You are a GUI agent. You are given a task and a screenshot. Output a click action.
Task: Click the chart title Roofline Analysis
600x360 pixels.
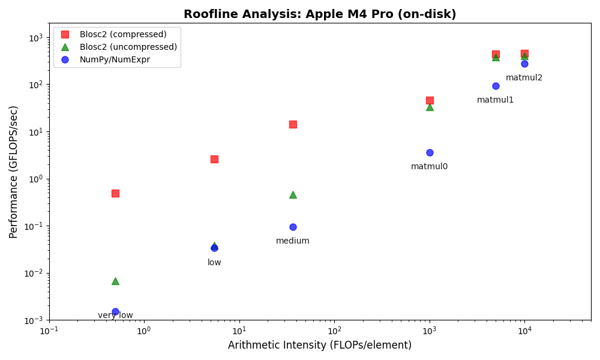[x=320, y=14]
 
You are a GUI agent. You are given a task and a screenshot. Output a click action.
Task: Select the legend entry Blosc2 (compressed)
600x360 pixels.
[x=123, y=34]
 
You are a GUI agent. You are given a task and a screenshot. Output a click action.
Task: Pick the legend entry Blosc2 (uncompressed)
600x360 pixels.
[x=128, y=47]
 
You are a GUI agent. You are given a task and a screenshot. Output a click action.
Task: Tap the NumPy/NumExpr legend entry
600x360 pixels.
[x=115, y=59]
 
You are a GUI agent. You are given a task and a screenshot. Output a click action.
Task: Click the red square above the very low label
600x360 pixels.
[x=115, y=193]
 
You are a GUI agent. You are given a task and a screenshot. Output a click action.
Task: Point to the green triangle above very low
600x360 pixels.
[x=115, y=281]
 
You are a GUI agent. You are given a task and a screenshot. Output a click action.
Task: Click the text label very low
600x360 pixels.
[x=115, y=316]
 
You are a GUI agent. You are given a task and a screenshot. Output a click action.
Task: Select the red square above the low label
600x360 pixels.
[x=214, y=159]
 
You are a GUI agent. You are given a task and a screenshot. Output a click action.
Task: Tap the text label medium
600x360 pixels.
[x=293, y=241]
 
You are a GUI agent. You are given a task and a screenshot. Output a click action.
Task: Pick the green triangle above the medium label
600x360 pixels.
[x=293, y=194]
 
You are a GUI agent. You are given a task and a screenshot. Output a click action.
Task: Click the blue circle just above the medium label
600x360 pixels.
[x=293, y=227]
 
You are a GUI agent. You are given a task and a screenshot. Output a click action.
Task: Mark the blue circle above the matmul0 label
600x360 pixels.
[x=430, y=152]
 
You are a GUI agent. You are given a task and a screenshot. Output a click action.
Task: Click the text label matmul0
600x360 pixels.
[x=430, y=167]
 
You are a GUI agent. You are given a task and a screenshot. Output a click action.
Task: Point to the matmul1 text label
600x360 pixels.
[x=496, y=100]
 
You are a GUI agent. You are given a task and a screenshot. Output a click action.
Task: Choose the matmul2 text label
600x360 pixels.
[x=524, y=78]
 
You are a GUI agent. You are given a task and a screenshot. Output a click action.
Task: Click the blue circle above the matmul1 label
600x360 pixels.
[x=496, y=86]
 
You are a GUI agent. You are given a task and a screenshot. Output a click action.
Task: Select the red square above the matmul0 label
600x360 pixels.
[x=430, y=100]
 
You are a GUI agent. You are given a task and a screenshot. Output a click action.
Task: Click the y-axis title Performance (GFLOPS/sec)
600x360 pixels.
[x=14, y=172]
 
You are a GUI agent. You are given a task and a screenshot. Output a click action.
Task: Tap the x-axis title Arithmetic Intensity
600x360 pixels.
[x=320, y=346]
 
